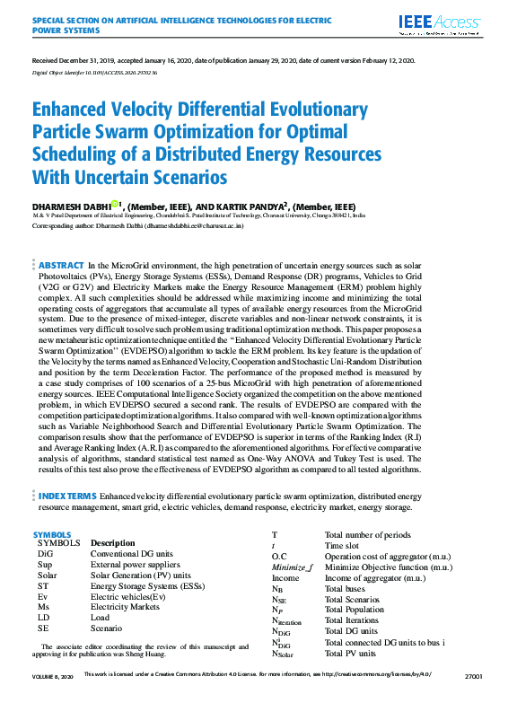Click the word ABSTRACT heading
click(x=60, y=266)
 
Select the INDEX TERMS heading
click(x=67, y=496)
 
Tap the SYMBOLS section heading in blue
click(x=51, y=534)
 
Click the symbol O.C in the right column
click(x=279, y=557)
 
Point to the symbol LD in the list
click(x=43, y=618)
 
